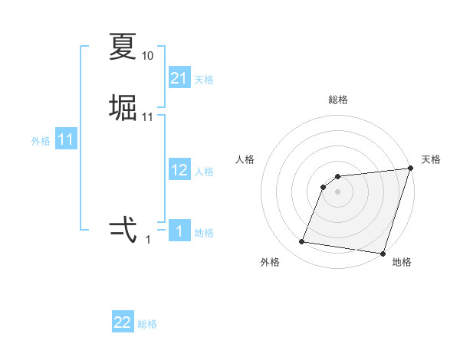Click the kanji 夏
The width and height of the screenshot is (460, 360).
click(123, 47)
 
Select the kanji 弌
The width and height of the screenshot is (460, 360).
click(123, 229)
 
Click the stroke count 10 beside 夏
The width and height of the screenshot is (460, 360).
click(148, 56)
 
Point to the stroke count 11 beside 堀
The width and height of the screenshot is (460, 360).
click(148, 117)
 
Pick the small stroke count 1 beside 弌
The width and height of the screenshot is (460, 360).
click(148, 240)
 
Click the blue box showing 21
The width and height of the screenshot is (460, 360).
click(179, 78)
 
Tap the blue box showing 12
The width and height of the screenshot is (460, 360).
click(179, 170)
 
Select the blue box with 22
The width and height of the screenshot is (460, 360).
click(123, 322)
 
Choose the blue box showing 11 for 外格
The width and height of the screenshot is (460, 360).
click(66, 139)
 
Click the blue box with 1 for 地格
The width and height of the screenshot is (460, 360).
click(179, 231)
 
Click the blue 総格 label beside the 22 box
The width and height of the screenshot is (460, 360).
click(147, 324)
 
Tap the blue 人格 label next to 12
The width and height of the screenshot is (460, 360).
click(205, 172)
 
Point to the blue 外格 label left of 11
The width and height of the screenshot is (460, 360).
click(41, 141)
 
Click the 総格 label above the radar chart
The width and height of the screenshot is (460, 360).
click(338, 100)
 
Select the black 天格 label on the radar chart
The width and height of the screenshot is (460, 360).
click(431, 159)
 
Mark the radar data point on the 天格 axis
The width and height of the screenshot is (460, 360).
click(410, 169)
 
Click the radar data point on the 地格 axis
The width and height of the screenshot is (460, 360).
click(383, 253)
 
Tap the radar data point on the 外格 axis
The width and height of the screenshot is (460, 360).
click(302, 242)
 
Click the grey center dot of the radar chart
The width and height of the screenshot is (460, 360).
click(338, 192)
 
